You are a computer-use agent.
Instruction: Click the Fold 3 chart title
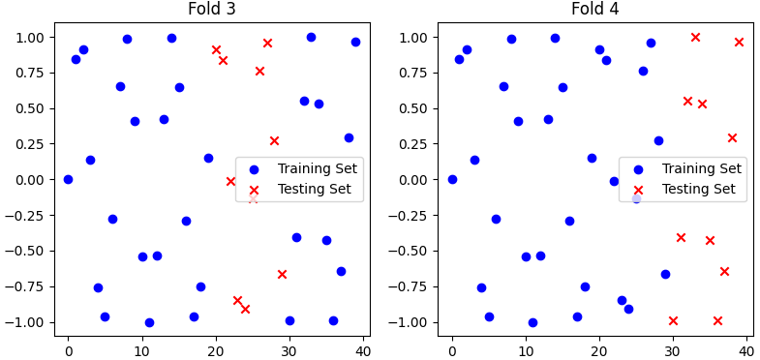tap(211, 10)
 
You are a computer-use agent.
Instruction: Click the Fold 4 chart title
tap(595, 10)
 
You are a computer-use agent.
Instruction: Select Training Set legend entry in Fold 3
tap(317, 168)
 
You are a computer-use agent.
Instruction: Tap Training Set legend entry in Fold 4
tap(701, 168)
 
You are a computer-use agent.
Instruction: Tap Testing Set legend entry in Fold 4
tap(697, 189)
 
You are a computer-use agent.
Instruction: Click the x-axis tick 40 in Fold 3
tap(364, 346)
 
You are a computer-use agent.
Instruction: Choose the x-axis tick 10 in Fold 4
tap(526, 346)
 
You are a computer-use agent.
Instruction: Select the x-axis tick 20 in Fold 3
tap(216, 346)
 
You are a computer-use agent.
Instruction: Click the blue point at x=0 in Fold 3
tap(68, 179)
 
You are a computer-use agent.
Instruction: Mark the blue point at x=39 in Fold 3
tap(355, 42)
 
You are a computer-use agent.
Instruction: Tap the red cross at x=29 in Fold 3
tap(282, 274)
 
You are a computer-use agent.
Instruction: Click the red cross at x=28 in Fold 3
tap(274, 140)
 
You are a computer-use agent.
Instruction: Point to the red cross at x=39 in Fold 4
tap(739, 42)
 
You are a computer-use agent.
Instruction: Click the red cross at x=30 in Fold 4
tap(673, 320)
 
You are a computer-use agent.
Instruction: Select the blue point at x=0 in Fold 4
tap(452, 179)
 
